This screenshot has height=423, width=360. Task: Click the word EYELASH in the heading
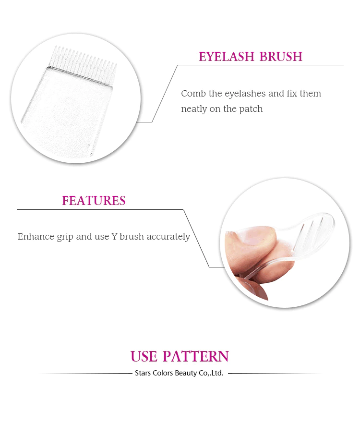coord(227,57)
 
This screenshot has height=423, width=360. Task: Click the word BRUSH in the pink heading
coord(281,57)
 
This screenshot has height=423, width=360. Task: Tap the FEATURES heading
coord(94,201)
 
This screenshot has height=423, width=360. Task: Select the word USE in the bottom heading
coord(144,356)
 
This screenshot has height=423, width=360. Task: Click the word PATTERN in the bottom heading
coord(196,356)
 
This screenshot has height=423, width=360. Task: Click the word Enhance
coord(36,237)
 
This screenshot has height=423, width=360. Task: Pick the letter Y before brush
coord(114,237)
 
